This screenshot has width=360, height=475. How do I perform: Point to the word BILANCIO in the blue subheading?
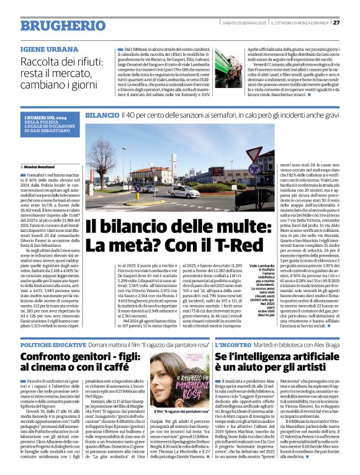[102, 115]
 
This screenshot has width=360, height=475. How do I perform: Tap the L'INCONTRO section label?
[233, 343]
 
